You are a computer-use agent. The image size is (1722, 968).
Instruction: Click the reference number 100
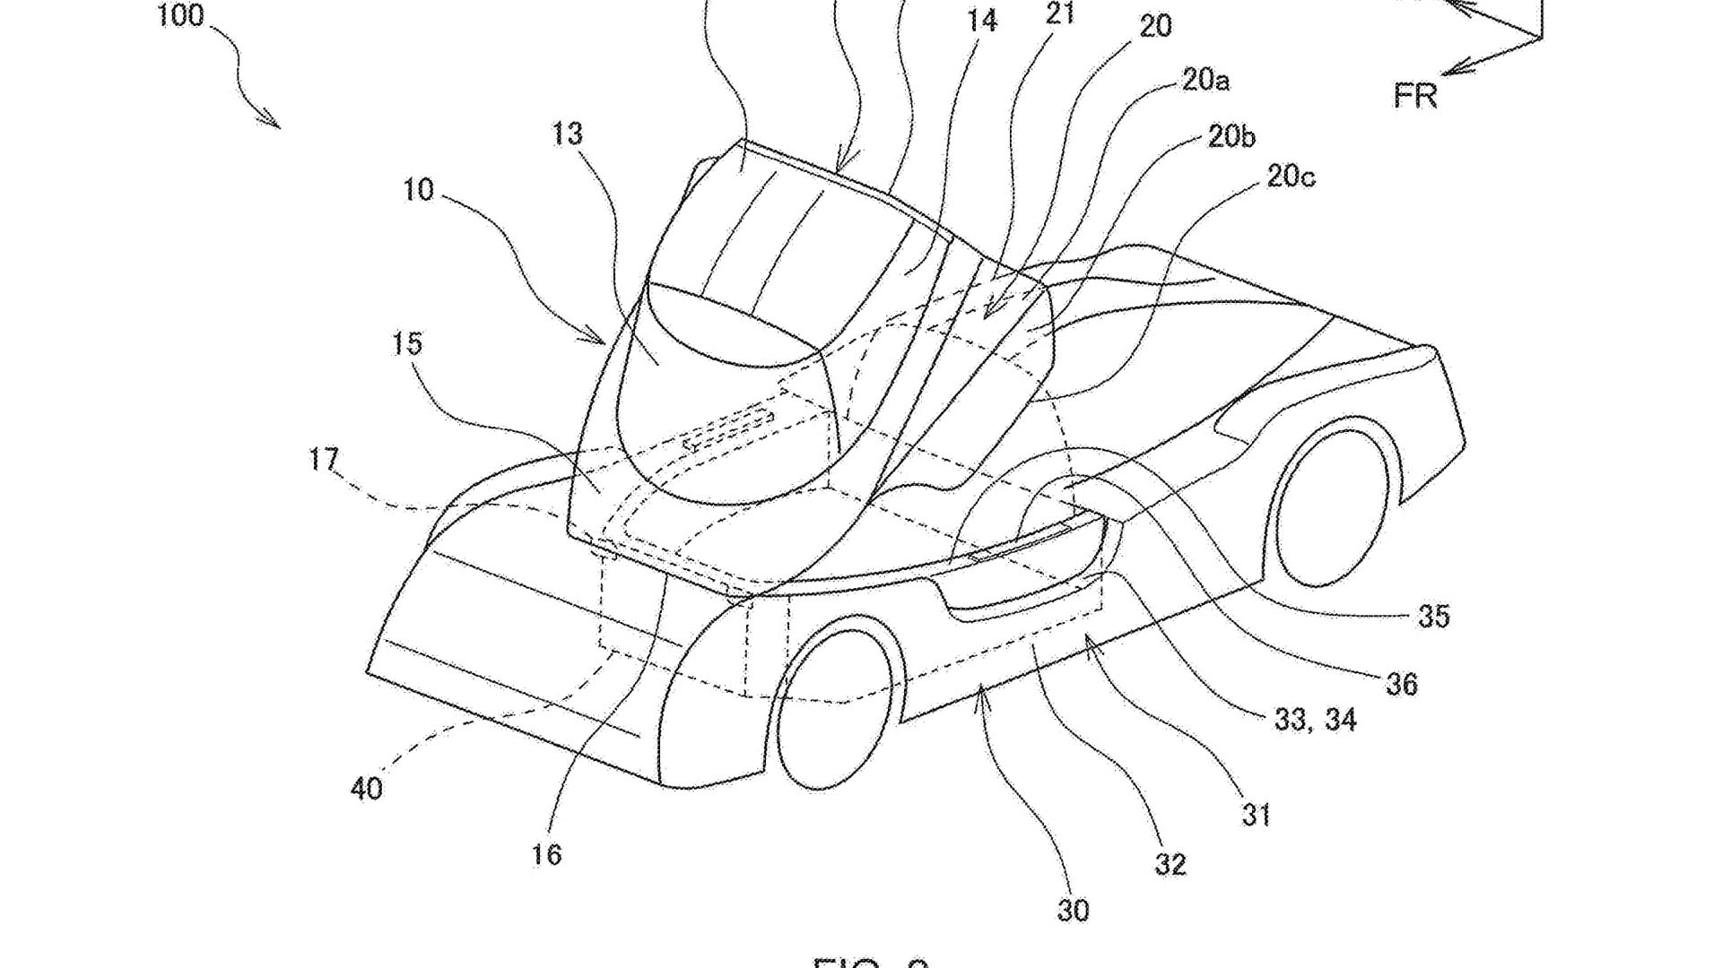(x=180, y=15)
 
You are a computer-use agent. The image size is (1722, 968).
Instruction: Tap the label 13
(x=567, y=134)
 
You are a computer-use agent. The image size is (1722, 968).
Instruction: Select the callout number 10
(x=418, y=190)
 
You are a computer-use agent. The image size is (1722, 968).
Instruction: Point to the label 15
(x=406, y=343)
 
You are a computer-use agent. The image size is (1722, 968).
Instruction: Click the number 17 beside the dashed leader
(x=324, y=460)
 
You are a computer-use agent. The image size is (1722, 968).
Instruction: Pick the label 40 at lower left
(x=366, y=789)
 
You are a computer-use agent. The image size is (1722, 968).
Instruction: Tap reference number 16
(x=545, y=854)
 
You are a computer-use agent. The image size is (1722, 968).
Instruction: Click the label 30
(x=1073, y=911)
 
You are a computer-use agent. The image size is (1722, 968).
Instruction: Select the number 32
(x=1170, y=864)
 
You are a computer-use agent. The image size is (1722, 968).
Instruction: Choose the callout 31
(x=1256, y=815)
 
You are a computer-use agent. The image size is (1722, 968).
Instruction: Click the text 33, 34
(x=1315, y=720)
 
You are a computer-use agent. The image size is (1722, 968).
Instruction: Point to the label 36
(x=1401, y=685)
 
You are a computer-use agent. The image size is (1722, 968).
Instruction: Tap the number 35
(x=1433, y=617)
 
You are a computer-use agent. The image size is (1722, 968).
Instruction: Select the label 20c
(x=1290, y=177)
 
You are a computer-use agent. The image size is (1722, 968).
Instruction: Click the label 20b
(x=1231, y=136)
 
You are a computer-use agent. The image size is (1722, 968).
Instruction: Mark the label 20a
(x=1205, y=81)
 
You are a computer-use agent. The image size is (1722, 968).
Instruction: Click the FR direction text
(x=1415, y=95)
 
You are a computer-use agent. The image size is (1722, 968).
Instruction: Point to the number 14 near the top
(x=983, y=21)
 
